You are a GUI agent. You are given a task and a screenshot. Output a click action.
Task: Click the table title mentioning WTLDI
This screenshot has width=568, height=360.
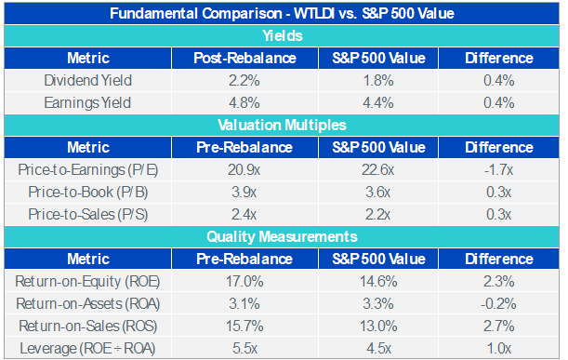click(282, 13)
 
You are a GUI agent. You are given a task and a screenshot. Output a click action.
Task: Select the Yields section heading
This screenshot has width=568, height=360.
click(283, 36)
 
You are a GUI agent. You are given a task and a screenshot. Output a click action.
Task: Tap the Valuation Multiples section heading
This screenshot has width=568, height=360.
click(282, 125)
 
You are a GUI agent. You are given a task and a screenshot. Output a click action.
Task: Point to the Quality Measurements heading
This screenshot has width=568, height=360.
click(282, 236)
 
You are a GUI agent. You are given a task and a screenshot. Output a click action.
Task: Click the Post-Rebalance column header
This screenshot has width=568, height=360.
click(244, 58)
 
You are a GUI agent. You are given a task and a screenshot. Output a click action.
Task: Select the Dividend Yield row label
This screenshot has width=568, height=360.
click(88, 81)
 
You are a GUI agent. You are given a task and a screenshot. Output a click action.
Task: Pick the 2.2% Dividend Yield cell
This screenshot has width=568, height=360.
click(244, 81)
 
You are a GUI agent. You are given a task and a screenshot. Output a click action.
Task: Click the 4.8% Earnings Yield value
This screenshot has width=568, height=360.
click(244, 103)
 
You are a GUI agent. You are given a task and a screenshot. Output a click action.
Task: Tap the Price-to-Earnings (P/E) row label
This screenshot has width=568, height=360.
click(88, 170)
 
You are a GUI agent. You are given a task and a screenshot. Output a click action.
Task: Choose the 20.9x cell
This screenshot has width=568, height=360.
click(244, 170)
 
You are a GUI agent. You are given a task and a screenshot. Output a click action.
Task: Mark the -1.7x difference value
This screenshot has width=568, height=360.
click(499, 170)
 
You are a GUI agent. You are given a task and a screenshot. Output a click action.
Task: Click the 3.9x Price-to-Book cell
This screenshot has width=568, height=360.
click(244, 193)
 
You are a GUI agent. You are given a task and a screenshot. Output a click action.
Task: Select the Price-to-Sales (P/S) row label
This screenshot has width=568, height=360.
click(88, 214)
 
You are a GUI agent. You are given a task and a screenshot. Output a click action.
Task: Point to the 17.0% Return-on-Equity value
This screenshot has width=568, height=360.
click(244, 281)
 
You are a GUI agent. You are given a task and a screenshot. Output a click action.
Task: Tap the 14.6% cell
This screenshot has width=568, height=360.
click(378, 281)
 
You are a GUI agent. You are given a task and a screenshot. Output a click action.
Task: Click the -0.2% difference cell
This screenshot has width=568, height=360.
click(498, 304)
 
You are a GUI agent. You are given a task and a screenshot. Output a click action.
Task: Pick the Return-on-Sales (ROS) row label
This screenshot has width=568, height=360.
click(88, 326)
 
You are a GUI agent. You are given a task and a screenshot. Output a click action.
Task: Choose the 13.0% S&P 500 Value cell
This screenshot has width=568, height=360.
click(378, 326)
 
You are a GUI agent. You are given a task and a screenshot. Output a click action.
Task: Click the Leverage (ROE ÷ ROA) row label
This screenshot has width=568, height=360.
click(87, 349)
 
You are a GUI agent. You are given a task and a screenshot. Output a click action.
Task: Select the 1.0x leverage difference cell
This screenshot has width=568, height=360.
click(499, 349)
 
